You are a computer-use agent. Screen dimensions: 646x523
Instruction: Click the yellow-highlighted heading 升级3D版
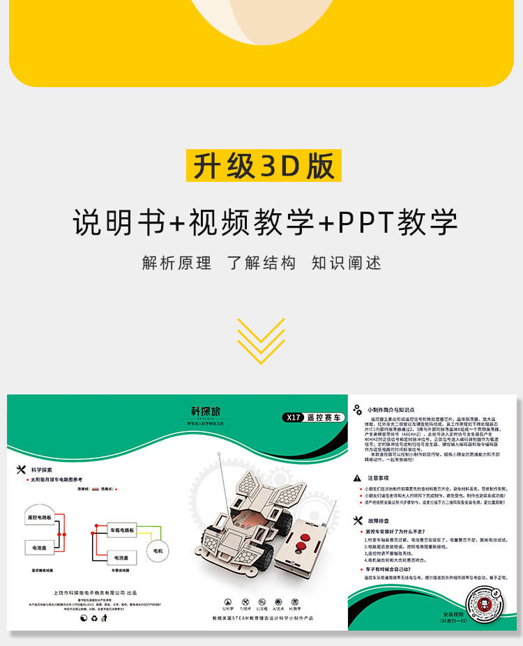click(x=264, y=165)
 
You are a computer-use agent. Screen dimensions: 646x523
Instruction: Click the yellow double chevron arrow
click(x=261, y=341)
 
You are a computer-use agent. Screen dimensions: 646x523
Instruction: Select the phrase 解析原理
click(x=176, y=263)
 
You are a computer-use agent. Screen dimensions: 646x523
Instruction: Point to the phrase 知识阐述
click(x=347, y=263)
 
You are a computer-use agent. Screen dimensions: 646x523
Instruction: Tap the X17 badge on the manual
click(x=293, y=417)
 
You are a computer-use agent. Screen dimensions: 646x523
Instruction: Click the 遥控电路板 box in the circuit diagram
click(x=43, y=518)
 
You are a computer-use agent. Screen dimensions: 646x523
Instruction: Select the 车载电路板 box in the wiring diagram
click(x=122, y=530)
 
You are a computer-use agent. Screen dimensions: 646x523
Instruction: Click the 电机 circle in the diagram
click(x=158, y=551)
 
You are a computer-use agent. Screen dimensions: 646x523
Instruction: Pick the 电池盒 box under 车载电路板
click(x=121, y=558)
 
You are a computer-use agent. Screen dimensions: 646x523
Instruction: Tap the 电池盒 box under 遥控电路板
click(x=40, y=548)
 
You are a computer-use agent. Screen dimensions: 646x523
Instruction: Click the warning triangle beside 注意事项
click(x=358, y=478)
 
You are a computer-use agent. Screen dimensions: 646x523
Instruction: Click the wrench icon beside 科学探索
click(x=21, y=470)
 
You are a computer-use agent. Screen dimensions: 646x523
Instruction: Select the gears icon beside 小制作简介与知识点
click(x=357, y=409)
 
